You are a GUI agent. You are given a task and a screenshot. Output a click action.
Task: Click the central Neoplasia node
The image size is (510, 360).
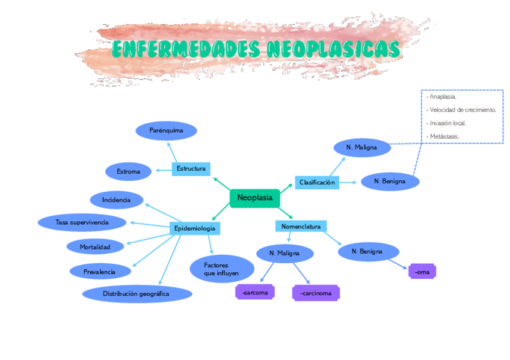pos(255,198)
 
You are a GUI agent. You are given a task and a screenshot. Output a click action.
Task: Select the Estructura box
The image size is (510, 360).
pos(191,169)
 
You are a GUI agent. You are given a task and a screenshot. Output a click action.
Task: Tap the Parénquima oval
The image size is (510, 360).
pos(166,130)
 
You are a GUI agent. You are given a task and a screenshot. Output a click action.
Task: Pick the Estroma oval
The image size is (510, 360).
pos(128,172)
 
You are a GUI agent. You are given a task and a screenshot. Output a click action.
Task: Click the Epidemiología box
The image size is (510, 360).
pos(194,228)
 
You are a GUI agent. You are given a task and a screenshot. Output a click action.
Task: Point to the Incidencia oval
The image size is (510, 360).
pos(117,200)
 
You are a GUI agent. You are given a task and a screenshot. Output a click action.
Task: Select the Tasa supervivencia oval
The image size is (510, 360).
pos(82,222)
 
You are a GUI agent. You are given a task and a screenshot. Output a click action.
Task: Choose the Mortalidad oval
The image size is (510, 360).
pos(95,246)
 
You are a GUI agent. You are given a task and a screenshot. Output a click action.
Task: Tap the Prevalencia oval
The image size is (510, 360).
pos(100,272)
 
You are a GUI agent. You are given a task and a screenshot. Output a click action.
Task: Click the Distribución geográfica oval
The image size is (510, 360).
pos(137,294)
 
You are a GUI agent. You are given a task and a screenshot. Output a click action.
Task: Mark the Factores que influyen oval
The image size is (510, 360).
pos(221,269)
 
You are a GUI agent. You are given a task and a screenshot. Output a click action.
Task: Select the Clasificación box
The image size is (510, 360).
pos(317,182)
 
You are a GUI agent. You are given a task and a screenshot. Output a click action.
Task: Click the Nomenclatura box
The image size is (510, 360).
pos(301,227)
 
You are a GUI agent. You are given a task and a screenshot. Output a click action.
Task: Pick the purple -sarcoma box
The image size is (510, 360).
pos(255,293)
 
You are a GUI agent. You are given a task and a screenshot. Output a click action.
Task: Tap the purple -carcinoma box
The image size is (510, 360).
pos(316,293)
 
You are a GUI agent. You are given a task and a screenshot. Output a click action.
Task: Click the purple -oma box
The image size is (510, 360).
pos(422,272)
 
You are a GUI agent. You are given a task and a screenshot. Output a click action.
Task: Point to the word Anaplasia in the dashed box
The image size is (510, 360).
pos(443,97)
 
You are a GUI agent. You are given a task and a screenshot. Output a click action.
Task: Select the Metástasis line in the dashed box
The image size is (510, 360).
pos(444,136)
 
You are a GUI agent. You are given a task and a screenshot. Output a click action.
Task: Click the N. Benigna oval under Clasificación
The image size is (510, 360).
pos(390,181)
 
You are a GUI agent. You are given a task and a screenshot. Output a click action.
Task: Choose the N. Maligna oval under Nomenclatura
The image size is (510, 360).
pos(285,254)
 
